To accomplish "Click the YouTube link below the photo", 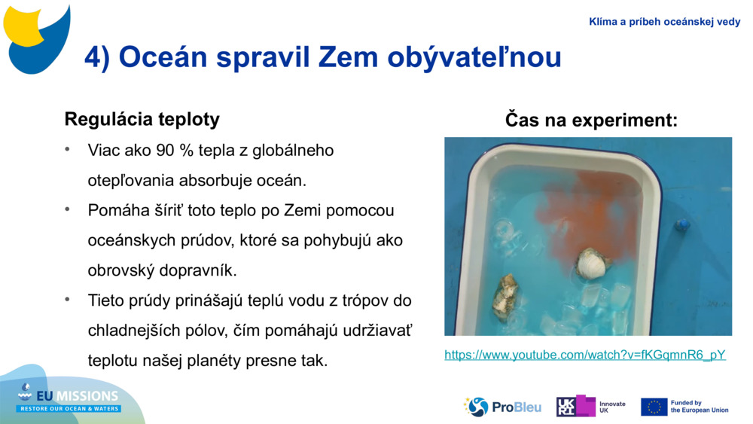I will pyautogui.click(x=584, y=355).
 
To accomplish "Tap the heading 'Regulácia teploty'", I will pyautogui.click(x=142, y=119).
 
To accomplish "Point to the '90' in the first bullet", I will pyautogui.click(x=165, y=151).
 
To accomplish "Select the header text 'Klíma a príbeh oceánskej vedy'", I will pyautogui.click(x=664, y=22).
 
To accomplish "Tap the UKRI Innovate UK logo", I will pyautogui.click(x=591, y=407).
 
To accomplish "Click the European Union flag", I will pyautogui.click(x=654, y=407).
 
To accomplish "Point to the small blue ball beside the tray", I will pyautogui.click(x=682, y=224).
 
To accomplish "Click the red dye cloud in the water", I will pyautogui.click(x=581, y=210).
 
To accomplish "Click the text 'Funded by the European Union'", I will pyautogui.click(x=699, y=407).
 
